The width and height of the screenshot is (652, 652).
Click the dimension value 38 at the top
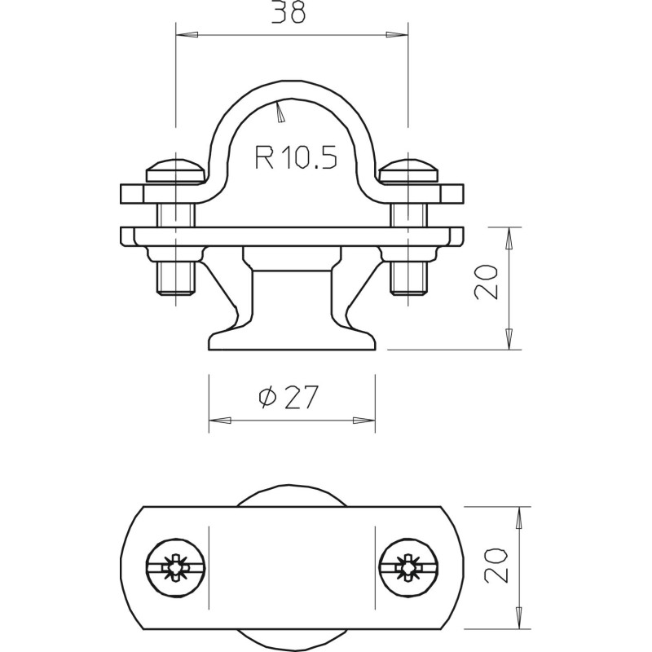289,12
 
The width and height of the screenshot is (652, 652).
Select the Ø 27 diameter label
289,397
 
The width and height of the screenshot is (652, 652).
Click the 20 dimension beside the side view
485,282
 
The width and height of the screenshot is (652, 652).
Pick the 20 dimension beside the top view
496,565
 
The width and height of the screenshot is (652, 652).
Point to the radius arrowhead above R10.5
280,112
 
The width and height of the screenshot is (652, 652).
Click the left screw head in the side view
175,170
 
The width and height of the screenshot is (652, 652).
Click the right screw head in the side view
408,170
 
